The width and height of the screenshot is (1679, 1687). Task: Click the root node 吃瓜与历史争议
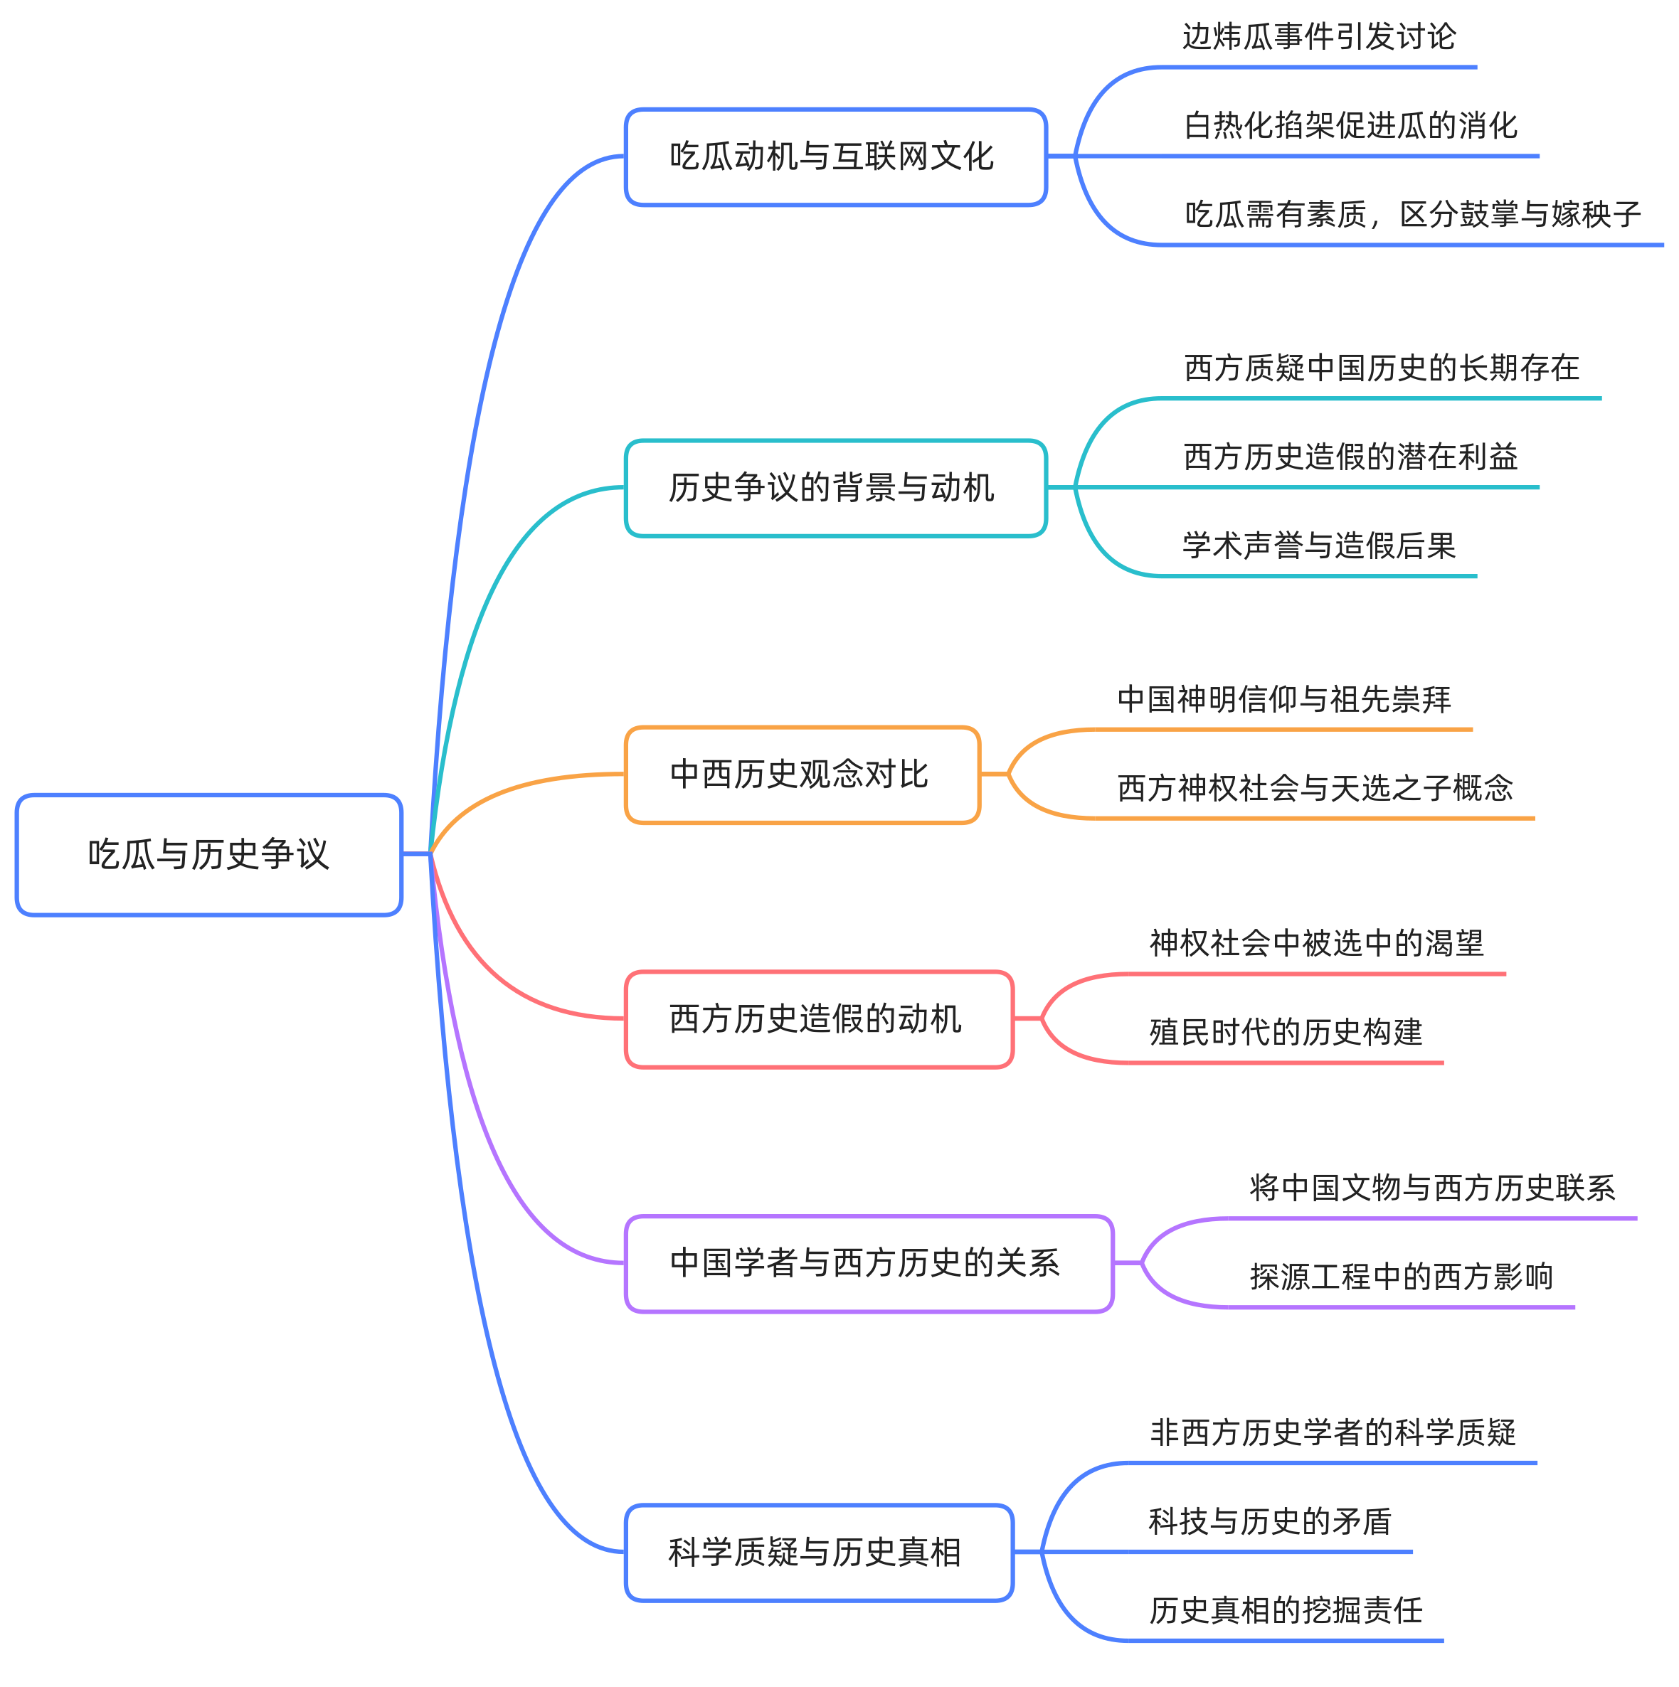click(x=208, y=854)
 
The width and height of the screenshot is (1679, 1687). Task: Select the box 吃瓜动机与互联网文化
click(x=835, y=157)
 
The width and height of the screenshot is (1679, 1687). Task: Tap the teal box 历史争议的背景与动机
click(x=835, y=488)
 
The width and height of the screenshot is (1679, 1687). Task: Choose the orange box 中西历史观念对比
click(x=802, y=775)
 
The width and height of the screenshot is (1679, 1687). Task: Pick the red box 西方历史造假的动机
click(x=819, y=1019)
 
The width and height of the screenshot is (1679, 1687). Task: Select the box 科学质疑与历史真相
click(x=819, y=1553)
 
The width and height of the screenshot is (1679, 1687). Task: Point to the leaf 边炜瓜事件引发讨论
click(x=1318, y=38)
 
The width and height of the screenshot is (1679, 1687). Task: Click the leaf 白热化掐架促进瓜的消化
click(x=1350, y=126)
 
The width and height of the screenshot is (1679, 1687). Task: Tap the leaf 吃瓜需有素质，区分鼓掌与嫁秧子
click(x=1411, y=215)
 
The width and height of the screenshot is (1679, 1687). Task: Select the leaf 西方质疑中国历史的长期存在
click(x=1381, y=368)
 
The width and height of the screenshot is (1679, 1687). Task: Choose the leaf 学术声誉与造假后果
click(x=1318, y=546)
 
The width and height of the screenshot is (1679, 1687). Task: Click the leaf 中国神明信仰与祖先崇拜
click(x=1283, y=699)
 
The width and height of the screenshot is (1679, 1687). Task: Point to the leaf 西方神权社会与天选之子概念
click(x=1315, y=789)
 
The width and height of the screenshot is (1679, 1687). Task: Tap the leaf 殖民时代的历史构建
click(x=1285, y=1033)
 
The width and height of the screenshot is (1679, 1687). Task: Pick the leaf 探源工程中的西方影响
click(x=1400, y=1277)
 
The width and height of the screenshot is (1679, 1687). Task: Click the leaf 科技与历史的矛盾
click(x=1269, y=1522)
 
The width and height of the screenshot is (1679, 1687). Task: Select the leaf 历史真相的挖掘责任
click(x=1285, y=1611)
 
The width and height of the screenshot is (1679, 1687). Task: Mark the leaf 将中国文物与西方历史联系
click(x=1432, y=1188)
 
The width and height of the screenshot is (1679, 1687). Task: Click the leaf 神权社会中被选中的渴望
click(x=1316, y=944)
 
